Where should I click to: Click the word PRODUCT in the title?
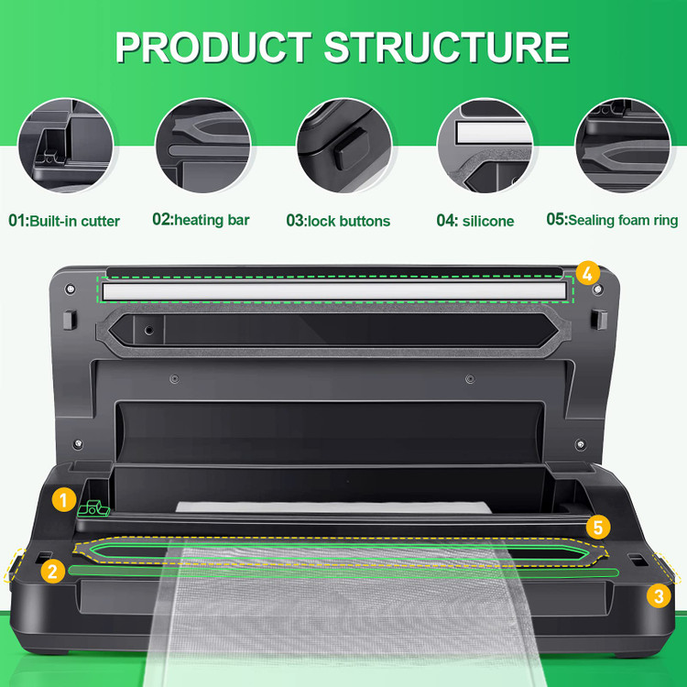pos(213,48)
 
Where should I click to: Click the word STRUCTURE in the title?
pos(446,48)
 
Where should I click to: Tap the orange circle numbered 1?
pos(64,500)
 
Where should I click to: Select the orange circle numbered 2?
pos(52,572)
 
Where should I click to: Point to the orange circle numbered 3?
pos(659,596)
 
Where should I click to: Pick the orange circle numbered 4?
pos(587,273)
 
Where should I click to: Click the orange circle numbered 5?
pos(598,528)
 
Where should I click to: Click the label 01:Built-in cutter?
pos(64,221)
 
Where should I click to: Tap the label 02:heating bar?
pos(202,220)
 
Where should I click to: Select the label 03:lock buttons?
pos(338,221)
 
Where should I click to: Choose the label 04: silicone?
pos(475,221)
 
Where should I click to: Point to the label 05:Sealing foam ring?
pos(612,220)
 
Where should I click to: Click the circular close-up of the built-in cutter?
pos(65,146)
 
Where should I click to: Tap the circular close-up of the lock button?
pos(344,146)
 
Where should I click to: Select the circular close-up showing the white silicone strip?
pos(485,146)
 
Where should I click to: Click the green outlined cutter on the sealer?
pos(93,508)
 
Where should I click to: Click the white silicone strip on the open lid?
pos(334,291)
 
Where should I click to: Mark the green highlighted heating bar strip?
pos(343,572)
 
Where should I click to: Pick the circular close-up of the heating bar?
pos(203,146)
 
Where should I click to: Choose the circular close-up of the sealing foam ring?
pos(623,146)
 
